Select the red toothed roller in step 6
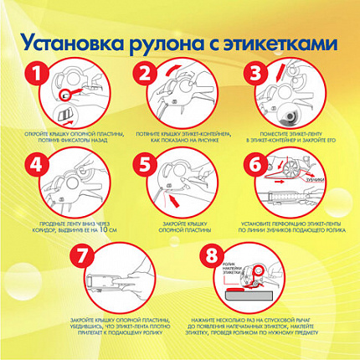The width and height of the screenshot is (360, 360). tap(296, 172)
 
